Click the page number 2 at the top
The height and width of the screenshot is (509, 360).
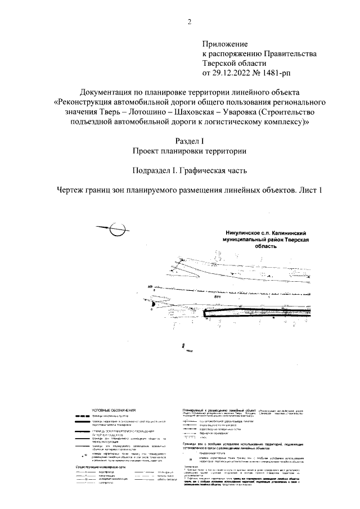pyautogui.click(x=189, y=22)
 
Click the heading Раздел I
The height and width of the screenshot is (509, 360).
pyautogui.click(x=189, y=141)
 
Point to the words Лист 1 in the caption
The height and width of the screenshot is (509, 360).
pyautogui.click(x=310, y=190)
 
